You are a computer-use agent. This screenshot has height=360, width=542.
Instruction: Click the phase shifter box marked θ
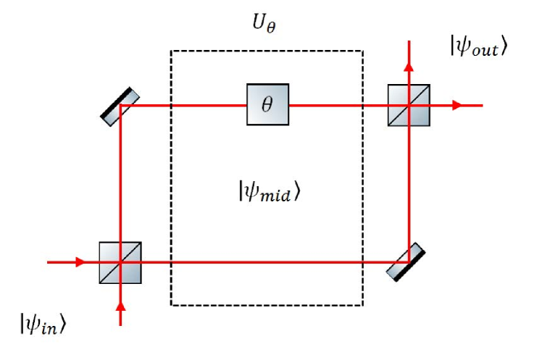click(x=267, y=105)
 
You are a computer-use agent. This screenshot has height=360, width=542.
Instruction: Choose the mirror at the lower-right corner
click(x=406, y=261)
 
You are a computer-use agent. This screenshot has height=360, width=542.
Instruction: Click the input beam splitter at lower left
click(x=120, y=261)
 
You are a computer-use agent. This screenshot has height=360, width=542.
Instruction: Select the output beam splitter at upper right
click(x=409, y=105)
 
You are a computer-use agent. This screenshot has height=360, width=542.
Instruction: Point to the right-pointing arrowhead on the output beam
click(x=456, y=105)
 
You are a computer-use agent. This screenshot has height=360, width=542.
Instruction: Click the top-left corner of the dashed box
click(x=171, y=51)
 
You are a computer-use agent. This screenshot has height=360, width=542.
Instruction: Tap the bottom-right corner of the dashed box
click(x=362, y=305)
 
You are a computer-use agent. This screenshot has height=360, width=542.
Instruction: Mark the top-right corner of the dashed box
click(x=362, y=51)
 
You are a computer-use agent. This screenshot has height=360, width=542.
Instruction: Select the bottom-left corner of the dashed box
click(x=171, y=305)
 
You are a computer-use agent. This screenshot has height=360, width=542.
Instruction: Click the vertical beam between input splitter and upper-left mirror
click(x=120, y=181)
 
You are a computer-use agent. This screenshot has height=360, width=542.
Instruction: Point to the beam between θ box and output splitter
click(x=326, y=105)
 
